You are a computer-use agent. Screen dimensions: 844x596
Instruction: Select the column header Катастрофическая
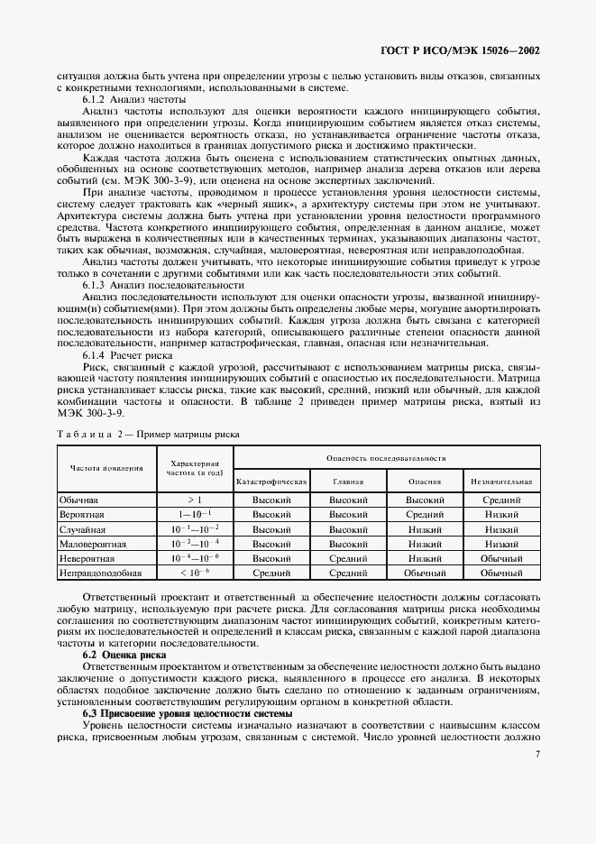click(x=271, y=482)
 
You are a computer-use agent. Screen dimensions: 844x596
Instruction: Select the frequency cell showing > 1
click(x=196, y=499)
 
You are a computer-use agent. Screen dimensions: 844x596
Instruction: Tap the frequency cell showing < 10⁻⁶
click(x=196, y=573)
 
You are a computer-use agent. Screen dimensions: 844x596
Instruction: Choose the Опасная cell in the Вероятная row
click(x=425, y=514)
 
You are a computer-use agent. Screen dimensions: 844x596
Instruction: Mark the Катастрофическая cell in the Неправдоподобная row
click(x=271, y=573)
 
